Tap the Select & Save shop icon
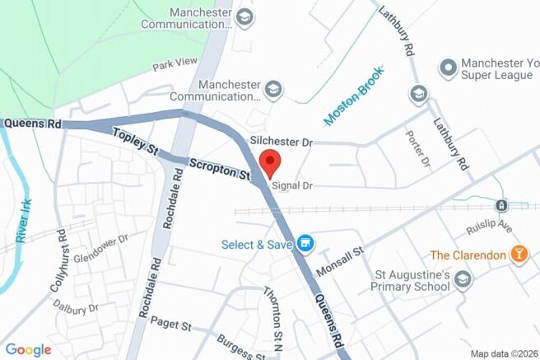tap(306, 243)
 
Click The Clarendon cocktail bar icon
tap(519, 255)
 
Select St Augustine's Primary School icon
tap(463, 281)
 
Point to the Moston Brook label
tap(354, 96)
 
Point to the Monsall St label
tap(340, 262)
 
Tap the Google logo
tap(27, 349)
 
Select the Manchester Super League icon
tap(448, 66)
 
